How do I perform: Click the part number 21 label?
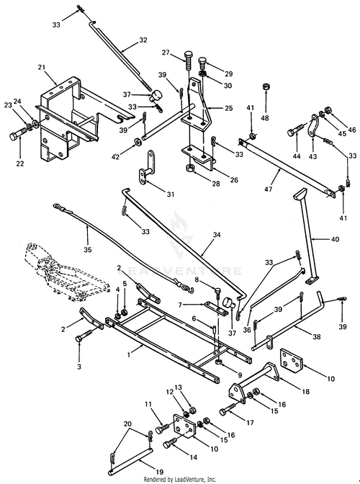point(42,67)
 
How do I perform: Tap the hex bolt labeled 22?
point(18,135)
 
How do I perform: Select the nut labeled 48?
point(265,86)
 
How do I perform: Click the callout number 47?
point(269,188)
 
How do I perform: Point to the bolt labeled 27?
point(188,61)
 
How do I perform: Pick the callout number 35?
point(88,249)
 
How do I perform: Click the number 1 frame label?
point(129,354)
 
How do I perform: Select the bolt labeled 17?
point(229,409)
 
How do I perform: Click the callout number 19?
point(160,472)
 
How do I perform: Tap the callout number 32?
point(143,40)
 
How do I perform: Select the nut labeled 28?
point(189,169)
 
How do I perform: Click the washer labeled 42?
point(137,143)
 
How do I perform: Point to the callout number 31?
point(171,194)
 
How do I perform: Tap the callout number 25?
point(228,108)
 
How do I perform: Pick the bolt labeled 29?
point(202,64)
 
